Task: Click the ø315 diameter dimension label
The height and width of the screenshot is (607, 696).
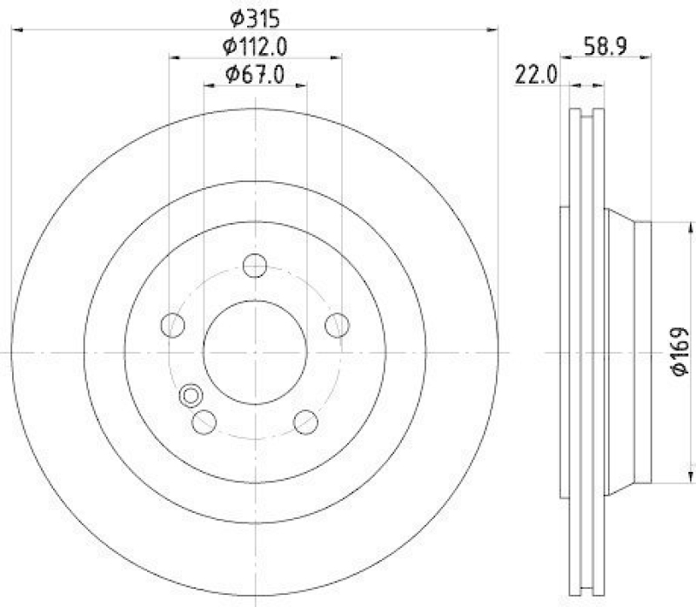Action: pos(254,17)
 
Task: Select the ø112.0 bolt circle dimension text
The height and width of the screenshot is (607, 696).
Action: pos(255,46)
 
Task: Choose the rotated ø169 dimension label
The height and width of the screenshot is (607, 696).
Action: pos(679,353)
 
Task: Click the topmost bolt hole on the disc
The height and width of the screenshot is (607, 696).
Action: pos(255,265)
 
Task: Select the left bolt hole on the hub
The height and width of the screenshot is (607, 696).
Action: pos(173,326)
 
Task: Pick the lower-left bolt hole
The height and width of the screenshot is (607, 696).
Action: pos(204,422)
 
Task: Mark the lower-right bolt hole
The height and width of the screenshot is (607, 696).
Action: pos(304,422)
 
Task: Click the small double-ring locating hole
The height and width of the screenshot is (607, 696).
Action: pos(189,397)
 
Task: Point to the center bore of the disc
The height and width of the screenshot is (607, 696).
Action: pos(255,352)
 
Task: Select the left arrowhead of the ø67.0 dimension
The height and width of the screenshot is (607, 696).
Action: pos(210,85)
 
